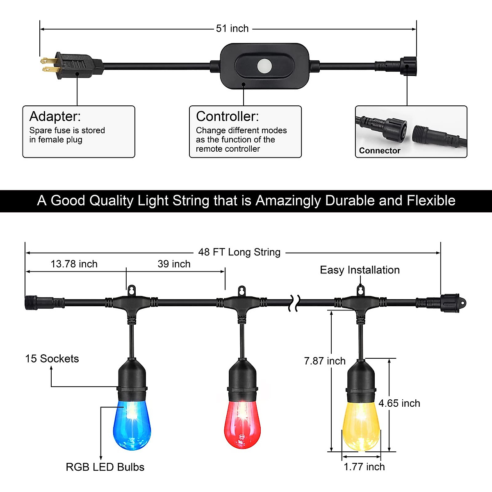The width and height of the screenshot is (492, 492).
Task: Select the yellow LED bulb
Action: (x=361, y=426)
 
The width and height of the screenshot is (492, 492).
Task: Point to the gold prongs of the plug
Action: (x=48, y=65)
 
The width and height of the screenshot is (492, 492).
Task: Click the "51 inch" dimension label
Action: (x=232, y=29)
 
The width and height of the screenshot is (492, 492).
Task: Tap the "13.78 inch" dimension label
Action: (x=74, y=264)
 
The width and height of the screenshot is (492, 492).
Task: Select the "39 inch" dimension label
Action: (x=174, y=264)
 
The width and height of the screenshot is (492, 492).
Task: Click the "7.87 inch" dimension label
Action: (x=325, y=361)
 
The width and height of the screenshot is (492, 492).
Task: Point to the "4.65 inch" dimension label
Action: (x=399, y=403)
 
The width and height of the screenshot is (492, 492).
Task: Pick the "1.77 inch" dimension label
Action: (x=364, y=467)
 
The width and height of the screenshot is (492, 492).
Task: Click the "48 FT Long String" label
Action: (x=239, y=252)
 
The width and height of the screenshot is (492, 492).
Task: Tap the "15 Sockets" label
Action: (x=52, y=359)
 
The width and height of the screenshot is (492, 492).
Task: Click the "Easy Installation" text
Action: (x=360, y=270)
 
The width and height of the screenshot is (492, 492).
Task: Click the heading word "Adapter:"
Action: (x=55, y=116)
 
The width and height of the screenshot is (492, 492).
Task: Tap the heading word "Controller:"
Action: (x=228, y=116)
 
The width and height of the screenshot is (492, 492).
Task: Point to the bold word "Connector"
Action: (x=380, y=150)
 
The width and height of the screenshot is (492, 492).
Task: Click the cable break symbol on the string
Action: (x=295, y=303)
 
